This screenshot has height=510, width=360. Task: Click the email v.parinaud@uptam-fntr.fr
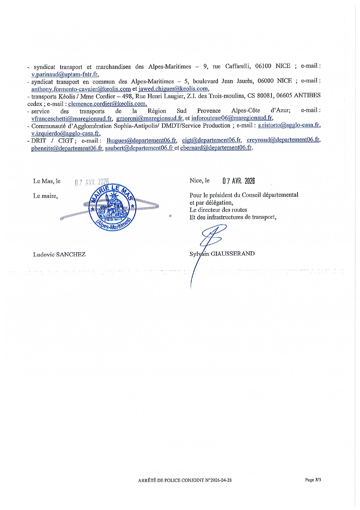[x=64, y=74]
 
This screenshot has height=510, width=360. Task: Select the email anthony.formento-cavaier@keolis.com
[x=81, y=89]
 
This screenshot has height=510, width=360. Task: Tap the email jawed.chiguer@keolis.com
[x=173, y=89]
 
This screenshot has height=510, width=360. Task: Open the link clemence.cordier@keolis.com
[x=107, y=103]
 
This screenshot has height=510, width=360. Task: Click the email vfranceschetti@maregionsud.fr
[x=72, y=118]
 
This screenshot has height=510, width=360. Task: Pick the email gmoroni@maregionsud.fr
[x=149, y=118]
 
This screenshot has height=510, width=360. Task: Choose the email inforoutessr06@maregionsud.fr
[x=232, y=118]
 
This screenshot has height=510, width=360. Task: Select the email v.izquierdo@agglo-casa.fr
[x=65, y=133]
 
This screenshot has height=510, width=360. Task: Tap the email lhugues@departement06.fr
[x=142, y=140]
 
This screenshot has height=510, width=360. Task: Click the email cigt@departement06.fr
[x=211, y=140]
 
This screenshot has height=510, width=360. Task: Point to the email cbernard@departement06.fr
[x=216, y=147]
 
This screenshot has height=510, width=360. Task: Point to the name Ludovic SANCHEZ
[x=59, y=255]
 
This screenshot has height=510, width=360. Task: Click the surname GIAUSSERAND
[x=232, y=253]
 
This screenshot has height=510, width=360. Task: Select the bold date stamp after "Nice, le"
[x=239, y=181]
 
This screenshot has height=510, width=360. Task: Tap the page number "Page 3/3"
[x=313, y=480]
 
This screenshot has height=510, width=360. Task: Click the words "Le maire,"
[x=45, y=196]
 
